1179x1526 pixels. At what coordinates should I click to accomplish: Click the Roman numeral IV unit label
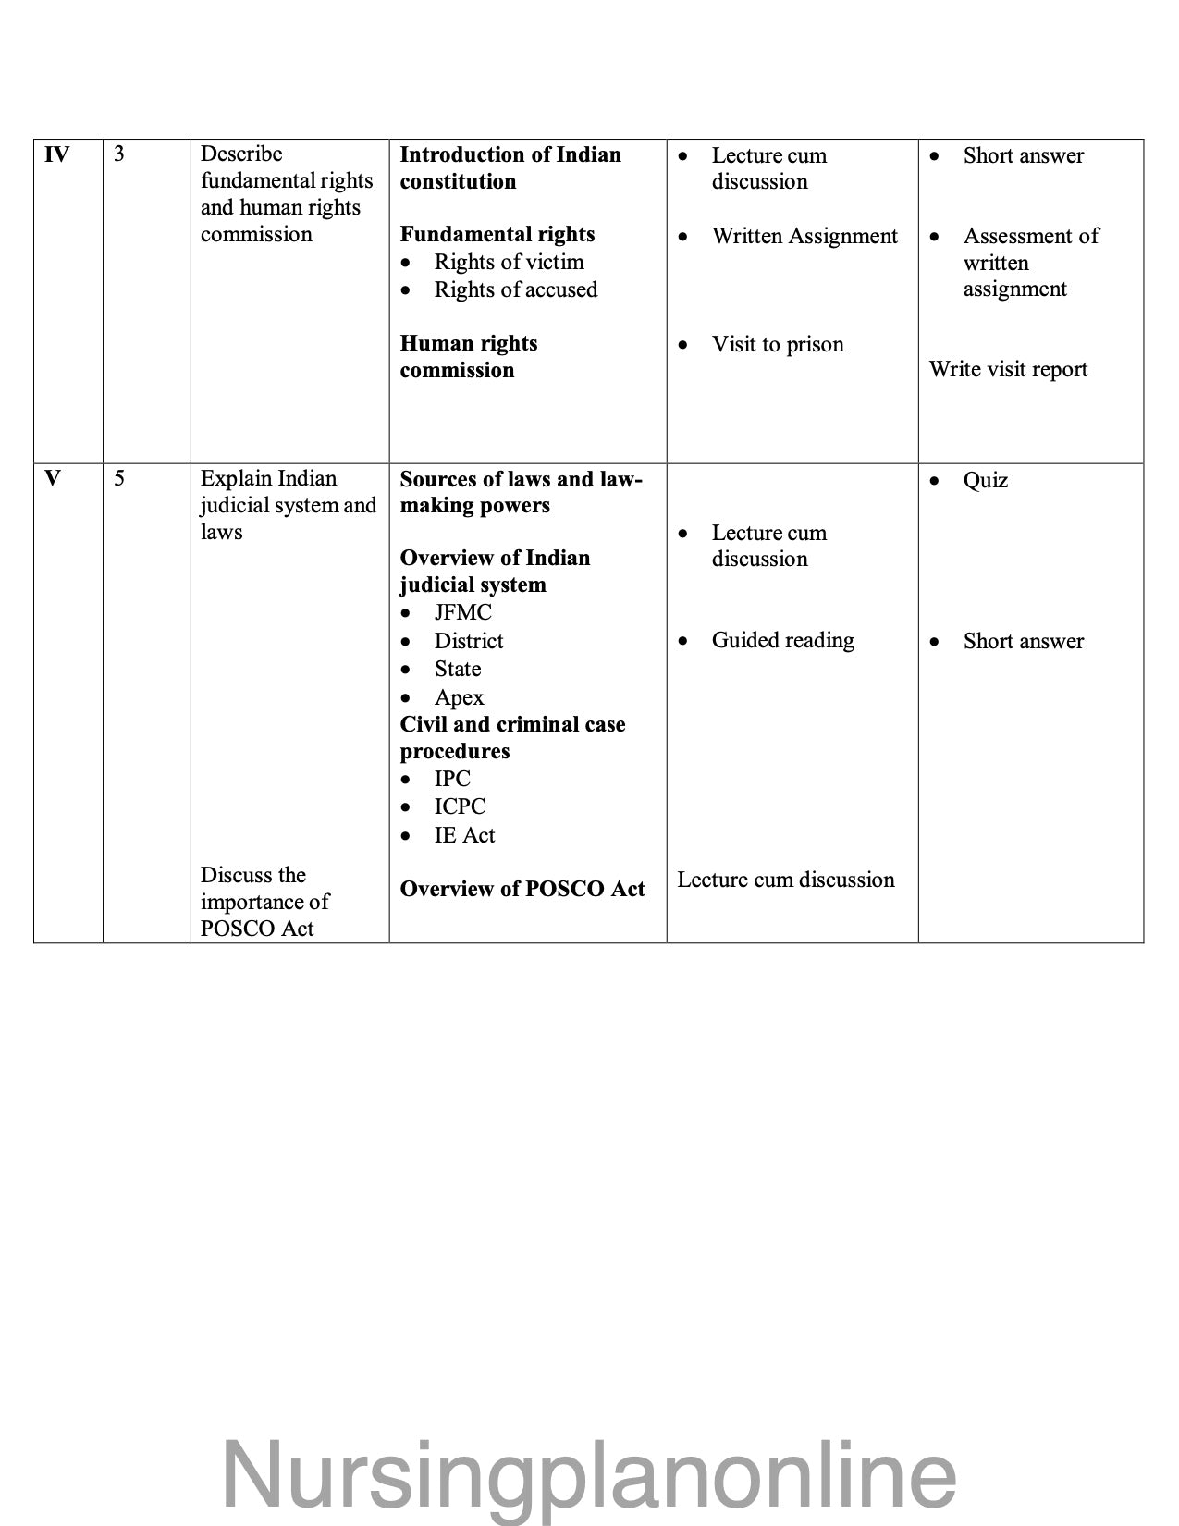(56, 154)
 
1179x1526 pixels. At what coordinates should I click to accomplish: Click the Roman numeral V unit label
(53, 479)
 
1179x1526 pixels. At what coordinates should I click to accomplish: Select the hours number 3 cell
(119, 154)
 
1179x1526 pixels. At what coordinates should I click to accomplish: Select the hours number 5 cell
(119, 479)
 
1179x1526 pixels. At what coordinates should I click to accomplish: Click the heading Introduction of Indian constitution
(510, 167)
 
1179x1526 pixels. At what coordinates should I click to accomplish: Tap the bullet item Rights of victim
(509, 262)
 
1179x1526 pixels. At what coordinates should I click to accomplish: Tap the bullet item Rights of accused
(516, 289)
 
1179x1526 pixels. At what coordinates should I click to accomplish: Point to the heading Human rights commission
(469, 356)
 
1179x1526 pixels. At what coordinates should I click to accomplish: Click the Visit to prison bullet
(777, 344)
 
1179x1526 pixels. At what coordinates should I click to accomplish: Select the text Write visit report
(1008, 369)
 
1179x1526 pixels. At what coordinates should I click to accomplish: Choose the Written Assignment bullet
(804, 236)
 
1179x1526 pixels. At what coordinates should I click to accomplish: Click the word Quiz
(985, 480)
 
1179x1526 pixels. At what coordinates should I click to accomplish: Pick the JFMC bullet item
(462, 612)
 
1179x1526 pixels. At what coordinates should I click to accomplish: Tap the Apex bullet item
(459, 697)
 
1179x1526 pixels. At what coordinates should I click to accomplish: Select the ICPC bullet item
(460, 806)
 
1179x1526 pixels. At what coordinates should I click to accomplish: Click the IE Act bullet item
(464, 835)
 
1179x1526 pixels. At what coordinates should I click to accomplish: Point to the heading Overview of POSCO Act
(522, 889)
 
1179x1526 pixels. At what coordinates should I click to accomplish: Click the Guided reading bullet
(782, 640)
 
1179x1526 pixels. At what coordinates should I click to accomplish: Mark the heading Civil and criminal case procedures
(512, 737)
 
